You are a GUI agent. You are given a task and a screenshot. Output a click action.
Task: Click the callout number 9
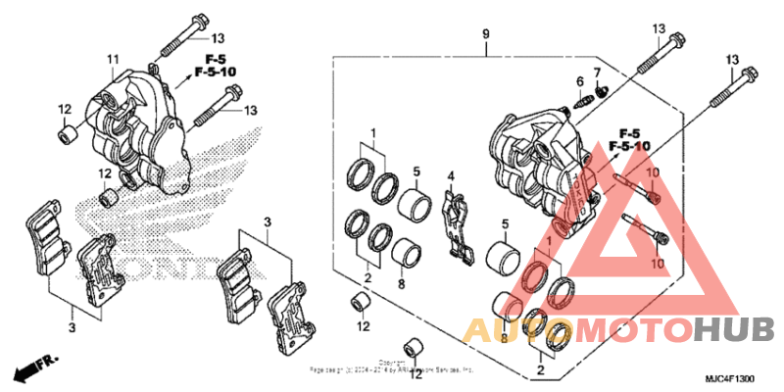(484, 35)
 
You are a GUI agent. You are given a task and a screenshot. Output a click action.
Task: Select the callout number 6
(579, 80)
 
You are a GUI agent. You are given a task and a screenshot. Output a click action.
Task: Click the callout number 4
(452, 176)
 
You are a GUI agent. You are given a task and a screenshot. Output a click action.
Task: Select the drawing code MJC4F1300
(730, 378)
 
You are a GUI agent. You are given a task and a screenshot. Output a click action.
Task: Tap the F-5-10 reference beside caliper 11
(215, 72)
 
